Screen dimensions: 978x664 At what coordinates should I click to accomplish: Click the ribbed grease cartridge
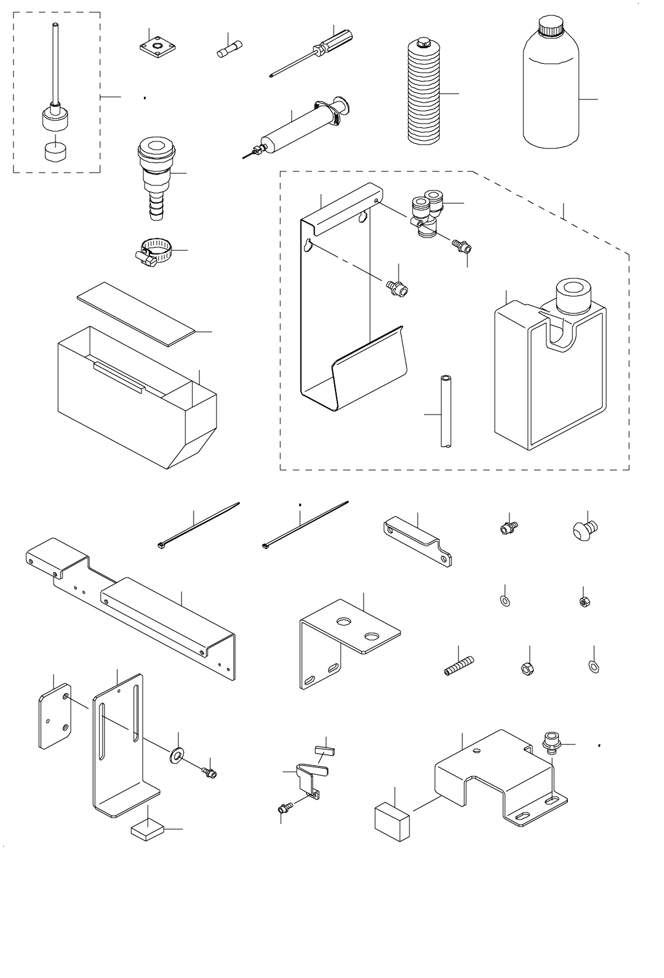pyautogui.click(x=425, y=92)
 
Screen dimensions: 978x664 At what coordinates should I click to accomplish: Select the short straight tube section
pyautogui.click(x=444, y=413)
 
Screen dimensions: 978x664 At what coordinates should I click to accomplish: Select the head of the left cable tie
pyautogui.click(x=161, y=545)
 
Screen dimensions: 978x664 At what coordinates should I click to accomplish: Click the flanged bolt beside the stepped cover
pyautogui.click(x=550, y=742)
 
